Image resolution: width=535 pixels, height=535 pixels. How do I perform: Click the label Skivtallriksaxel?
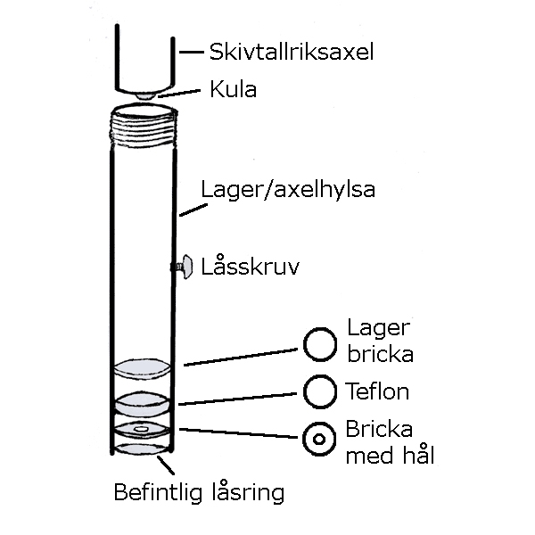click(291, 52)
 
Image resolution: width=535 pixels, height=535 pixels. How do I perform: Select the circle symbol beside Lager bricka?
click(319, 342)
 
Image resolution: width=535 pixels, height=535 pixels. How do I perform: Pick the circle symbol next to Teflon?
click(319, 391)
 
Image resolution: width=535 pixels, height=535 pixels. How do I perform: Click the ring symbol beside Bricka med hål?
click(319, 439)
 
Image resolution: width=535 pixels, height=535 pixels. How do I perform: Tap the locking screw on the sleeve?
click(185, 266)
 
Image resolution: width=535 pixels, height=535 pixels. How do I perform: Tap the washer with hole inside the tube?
click(142, 432)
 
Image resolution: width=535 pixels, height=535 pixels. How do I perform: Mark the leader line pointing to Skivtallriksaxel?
click(191, 52)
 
